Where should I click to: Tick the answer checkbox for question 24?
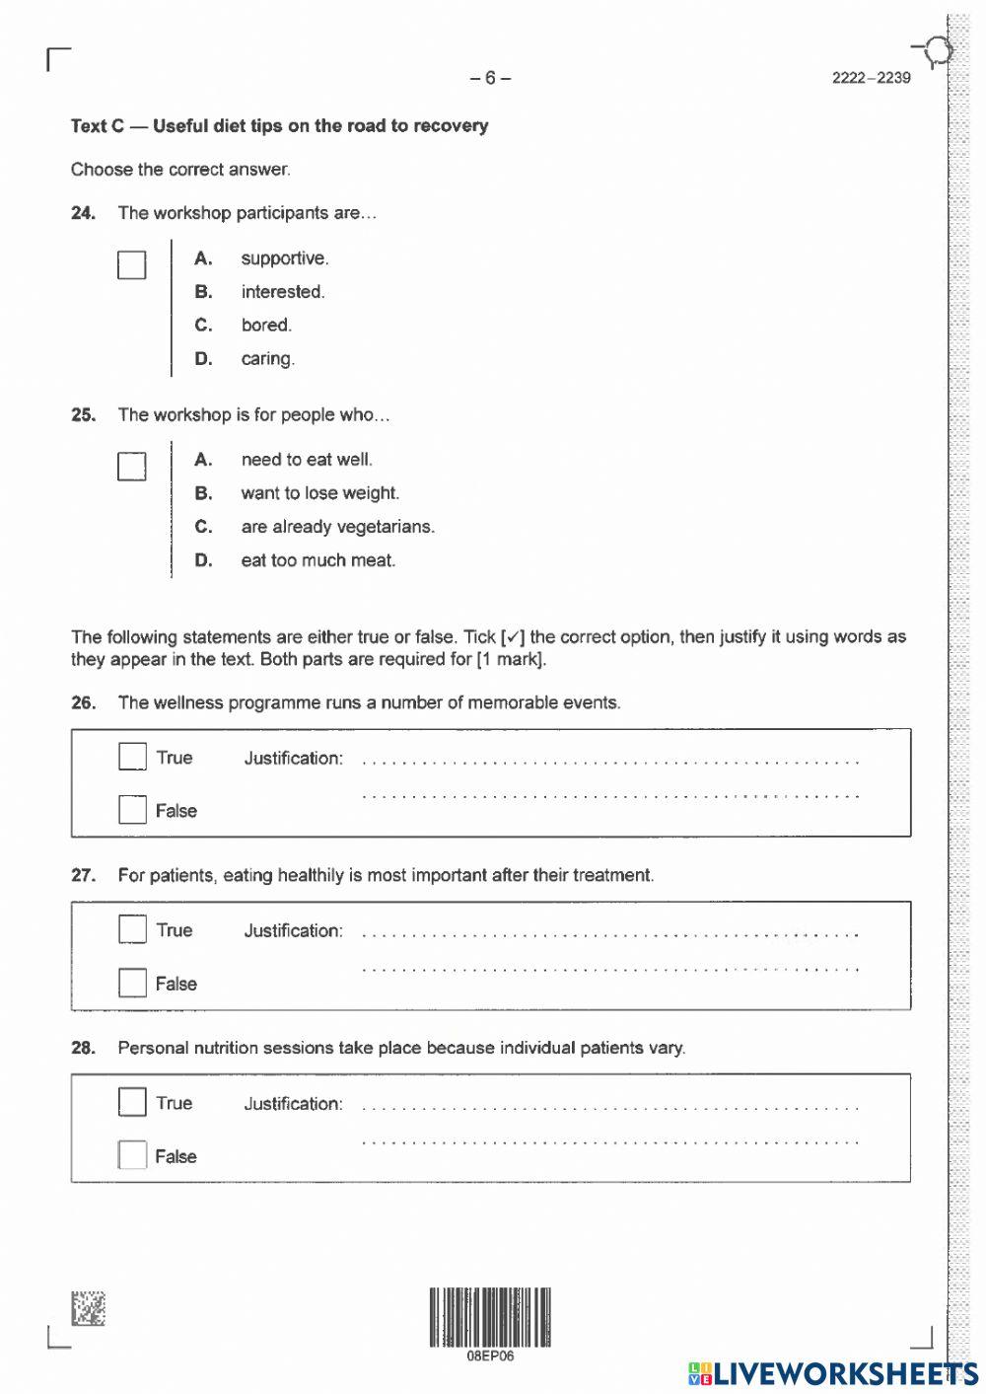pyautogui.click(x=131, y=264)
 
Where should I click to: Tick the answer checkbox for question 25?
pyautogui.click(x=131, y=466)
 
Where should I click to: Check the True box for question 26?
pyautogui.click(x=132, y=757)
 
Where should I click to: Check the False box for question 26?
pyautogui.click(x=132, y=810)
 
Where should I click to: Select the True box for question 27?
pyautogui.click(x=132, y=929)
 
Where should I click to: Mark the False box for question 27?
pyautogui.click(x=132, y=983)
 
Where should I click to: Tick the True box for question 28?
pyautogui.click(x=132, y=1102)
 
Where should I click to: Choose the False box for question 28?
pyautogui.click(x=132, y=1155)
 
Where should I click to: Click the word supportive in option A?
pyautogui.click(x=284, y=258)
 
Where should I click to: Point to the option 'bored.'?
pyautogui.click(x=266, y=326)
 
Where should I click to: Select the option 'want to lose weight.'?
pyautogui.click(x=319, y=493)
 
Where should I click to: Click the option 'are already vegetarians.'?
pyautogui.click(x=337, y=527)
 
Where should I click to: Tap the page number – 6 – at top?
pyautogui.click(x=490, y=78)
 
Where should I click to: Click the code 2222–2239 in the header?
pyautogui.click(x=871, y=78)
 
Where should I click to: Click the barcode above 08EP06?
pyautogui.click(x=490, y=1317)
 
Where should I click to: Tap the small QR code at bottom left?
pyautogui.click(x=88, y=1309)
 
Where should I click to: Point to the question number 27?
pyautogui.click(x=83, y=875)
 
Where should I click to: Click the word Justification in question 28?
pyautogui.click(x=293, y=1104)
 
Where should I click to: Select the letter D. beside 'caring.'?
pyautogui.click(x=203, y=359)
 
